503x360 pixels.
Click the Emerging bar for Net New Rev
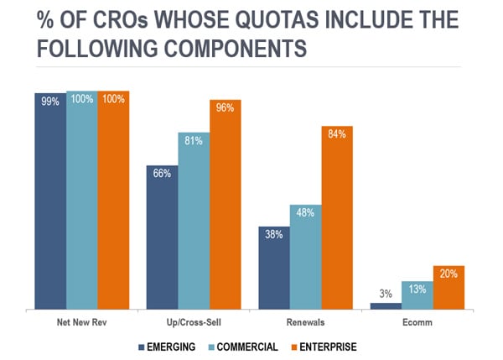coord(50,201)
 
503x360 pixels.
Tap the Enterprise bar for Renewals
coord(337,218)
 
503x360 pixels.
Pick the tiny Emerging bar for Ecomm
coord(386,306)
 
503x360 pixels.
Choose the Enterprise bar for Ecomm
coord(449,288)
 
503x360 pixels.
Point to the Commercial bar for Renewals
coord(305,256)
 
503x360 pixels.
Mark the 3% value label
coord(386,293)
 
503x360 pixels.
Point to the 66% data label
coord(162,173)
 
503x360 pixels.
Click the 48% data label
coord(305,212)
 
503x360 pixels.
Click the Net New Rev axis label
coord(81,321)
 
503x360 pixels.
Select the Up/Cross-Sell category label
coord(193,321)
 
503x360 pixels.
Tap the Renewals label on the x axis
coord(305,321)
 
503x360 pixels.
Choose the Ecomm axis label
coord(417,321)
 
